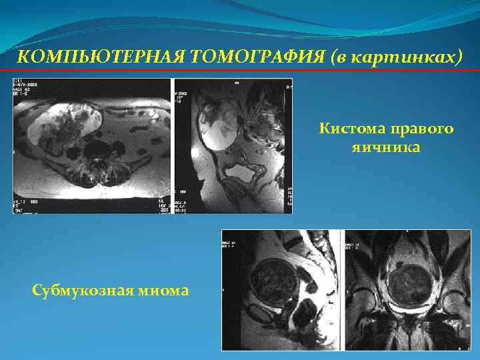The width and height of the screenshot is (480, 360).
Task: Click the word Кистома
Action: (x=353, y=128)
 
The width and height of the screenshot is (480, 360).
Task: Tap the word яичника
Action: (x=387, y=146)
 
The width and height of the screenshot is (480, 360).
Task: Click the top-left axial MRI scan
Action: (x=91, y=146)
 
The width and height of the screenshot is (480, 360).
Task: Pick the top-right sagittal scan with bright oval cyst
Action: (x=233, y=146)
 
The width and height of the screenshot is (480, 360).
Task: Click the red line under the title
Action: (x=240, y=71)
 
